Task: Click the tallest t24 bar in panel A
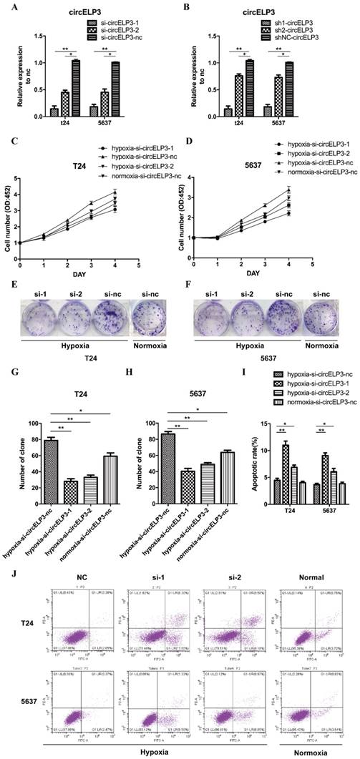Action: tap(74, 87)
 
